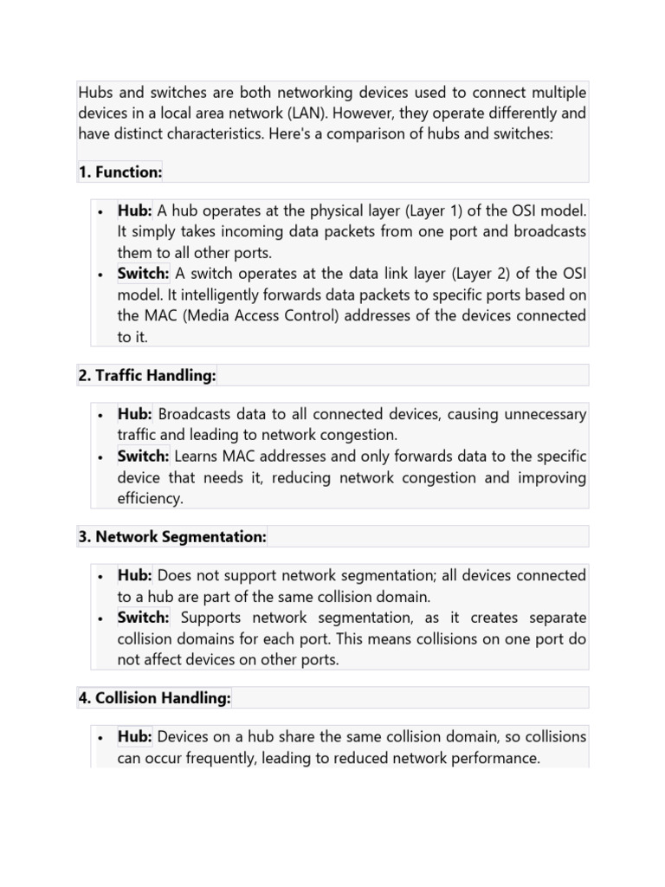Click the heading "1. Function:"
pyautogui.click(x=120, y=172)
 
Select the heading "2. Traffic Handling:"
pyautogui.click(x=147, y=375)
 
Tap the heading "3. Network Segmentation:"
pyautogui.click(x=172, y=537)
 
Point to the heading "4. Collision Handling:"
pyautogui.click(x=154, y=698)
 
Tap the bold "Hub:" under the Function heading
pyautogui.click(x=135, y=211)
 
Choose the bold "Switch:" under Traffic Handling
pyautogui.click(x=143, y=456)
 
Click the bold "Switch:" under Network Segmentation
pyautogui.click(x=143, y=618)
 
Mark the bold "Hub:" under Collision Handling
pyautogui.click(x=135, y=737)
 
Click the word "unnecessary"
pyautogui.click(x=542, y=415)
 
